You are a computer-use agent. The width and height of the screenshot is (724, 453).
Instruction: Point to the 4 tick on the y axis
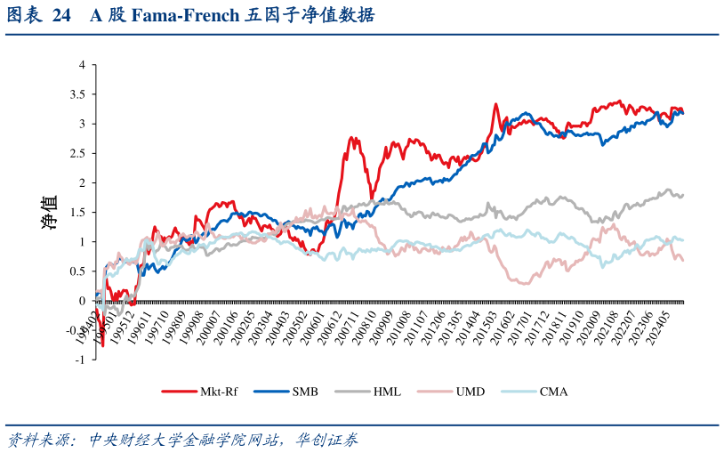pyautogui.click(x=82, y=65)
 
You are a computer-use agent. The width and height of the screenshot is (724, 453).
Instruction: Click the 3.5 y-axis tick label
pyautogui.click(x=78, y=94)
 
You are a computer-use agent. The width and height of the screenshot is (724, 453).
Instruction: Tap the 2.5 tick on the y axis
pyautogui.click(x=78, y=153)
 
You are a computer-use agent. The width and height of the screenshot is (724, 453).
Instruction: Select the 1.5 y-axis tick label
pyautogui.click(x=78, y=212)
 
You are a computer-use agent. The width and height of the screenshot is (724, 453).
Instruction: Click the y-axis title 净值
pyautogui.click(x=50, y=213)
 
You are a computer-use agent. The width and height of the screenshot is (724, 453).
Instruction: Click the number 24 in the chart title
pyautogui.click(x=62, y=16)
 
